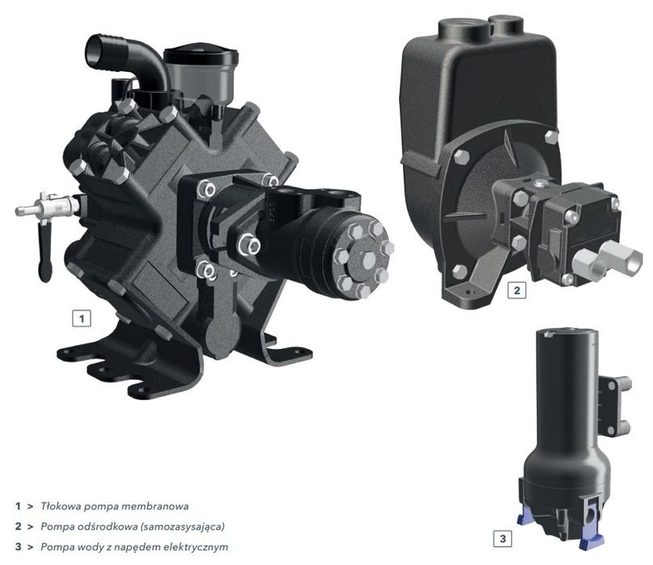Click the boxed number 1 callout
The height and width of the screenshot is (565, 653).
click(x=82, y=318)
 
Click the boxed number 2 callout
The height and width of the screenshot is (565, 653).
click(x=517, y=290)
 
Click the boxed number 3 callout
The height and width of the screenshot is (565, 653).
click(x=502, y=538)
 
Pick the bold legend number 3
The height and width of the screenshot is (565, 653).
click(x=18, y=546)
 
